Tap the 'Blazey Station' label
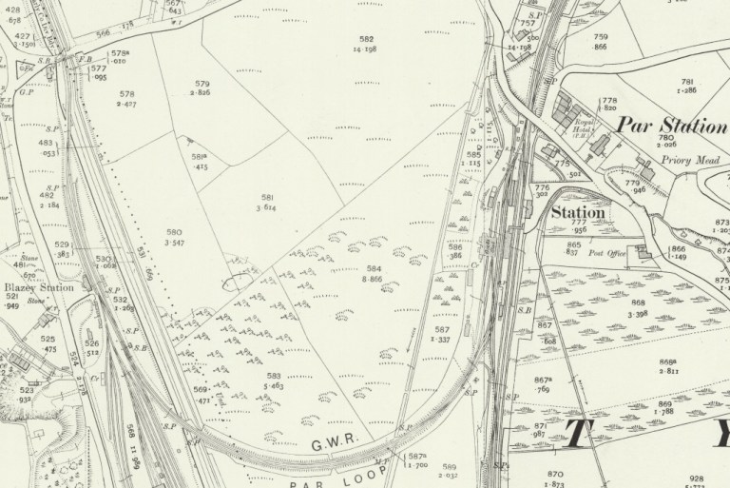tap(38, 288)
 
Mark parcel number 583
tap(274, 377)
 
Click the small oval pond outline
tap(237, 281)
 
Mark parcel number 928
tap(698, 478)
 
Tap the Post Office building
tap(644, 249)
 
